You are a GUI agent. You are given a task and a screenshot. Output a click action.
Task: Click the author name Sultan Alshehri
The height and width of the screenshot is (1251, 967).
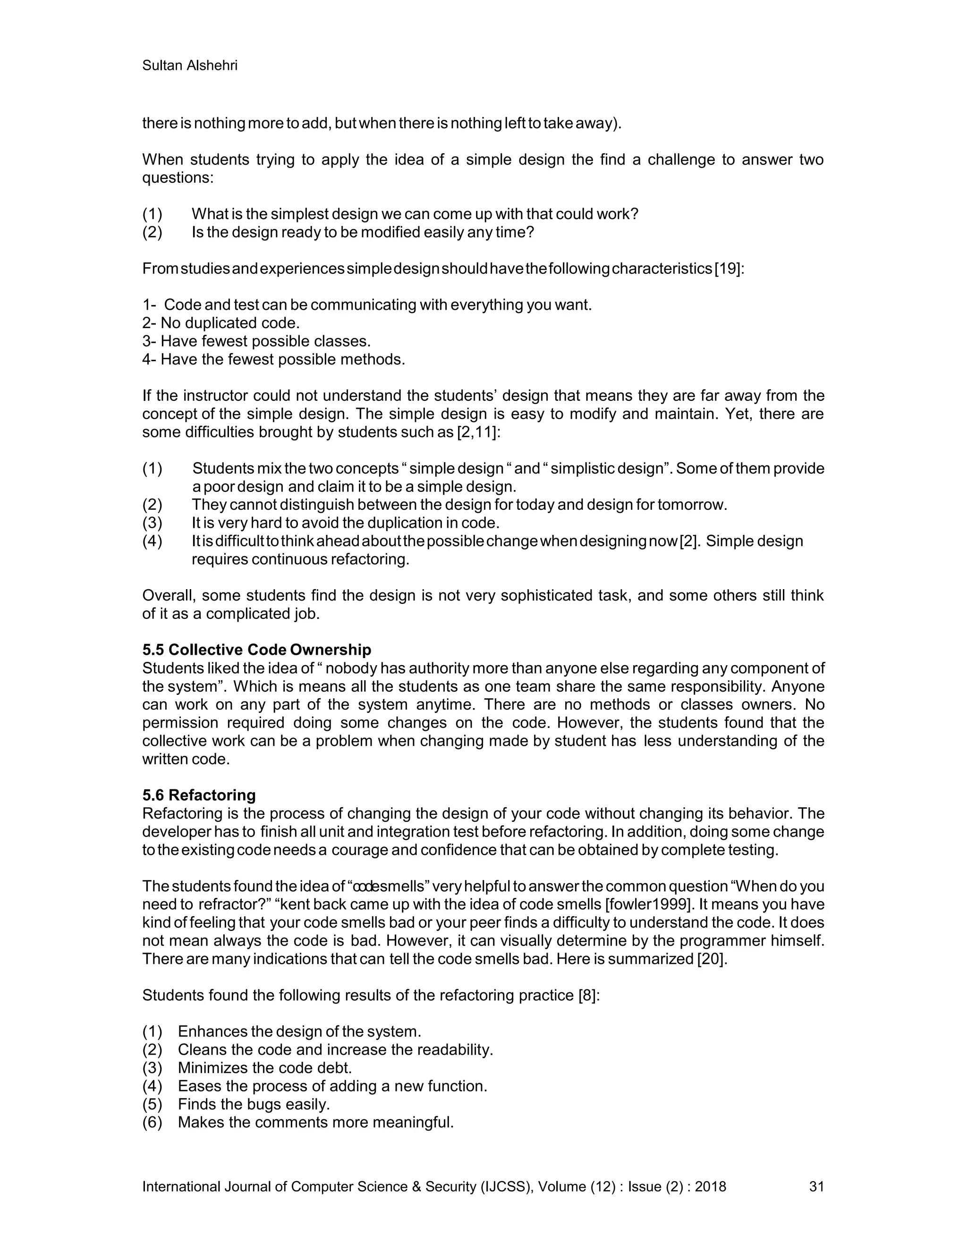coord(190,66)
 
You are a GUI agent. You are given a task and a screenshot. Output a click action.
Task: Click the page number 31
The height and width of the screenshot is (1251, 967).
coord(816,1186)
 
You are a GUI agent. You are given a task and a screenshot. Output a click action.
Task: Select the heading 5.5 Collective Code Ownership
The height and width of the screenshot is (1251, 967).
coord(257,650)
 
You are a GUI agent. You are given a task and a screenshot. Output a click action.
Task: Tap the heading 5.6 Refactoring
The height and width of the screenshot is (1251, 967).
coord(199,795)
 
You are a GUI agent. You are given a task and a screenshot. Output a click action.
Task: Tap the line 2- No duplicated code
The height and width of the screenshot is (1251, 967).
coord(221,323)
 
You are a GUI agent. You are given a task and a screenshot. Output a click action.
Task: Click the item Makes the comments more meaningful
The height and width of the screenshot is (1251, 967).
coord(316,1122)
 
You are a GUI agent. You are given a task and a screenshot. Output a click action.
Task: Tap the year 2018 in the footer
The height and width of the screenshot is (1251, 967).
coord(710,1186)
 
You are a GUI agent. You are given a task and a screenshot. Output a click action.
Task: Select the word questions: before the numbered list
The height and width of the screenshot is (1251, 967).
coord(178,178)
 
